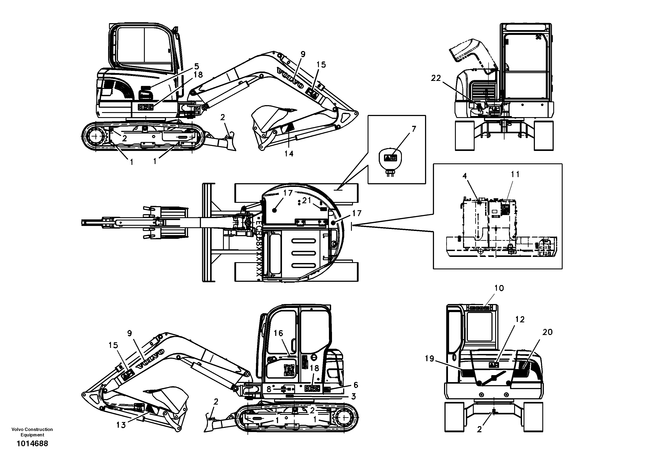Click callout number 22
(x=436, y=78)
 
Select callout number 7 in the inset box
(x=414, y=129)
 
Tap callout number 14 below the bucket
(x=289, y=154)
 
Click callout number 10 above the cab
(x=499, y=288)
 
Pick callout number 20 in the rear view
(x=547, y=332)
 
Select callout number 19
(x=429, y=359)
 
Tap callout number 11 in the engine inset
(x=515, y=174)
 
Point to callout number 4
(x=465, y=176)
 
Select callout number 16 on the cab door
(x=278, y=333)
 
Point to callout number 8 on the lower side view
(x=269, y=389)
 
